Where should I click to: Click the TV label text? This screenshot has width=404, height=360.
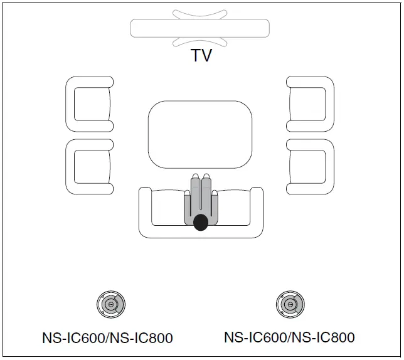(x=201, y=55)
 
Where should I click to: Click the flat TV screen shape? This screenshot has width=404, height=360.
(x=199, y=28)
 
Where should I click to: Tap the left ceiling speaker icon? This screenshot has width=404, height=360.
(x=110, y=305)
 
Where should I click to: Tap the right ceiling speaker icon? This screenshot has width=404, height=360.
(x=290, y=304)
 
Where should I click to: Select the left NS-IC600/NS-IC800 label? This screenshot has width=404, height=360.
(x=107, y=338)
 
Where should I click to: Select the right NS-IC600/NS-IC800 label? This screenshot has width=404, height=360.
(x=289, y=337)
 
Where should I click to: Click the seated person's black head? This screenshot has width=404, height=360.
(x=200, y=222)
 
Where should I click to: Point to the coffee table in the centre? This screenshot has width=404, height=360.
(x=199, y=134)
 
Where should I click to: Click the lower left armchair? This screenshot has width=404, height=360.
(x=89, y=166)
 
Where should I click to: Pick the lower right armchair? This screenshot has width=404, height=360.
(x=311, y=166)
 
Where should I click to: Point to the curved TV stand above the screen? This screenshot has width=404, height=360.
(x=199, y=14)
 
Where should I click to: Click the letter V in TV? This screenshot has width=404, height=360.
(x=206, y=55)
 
